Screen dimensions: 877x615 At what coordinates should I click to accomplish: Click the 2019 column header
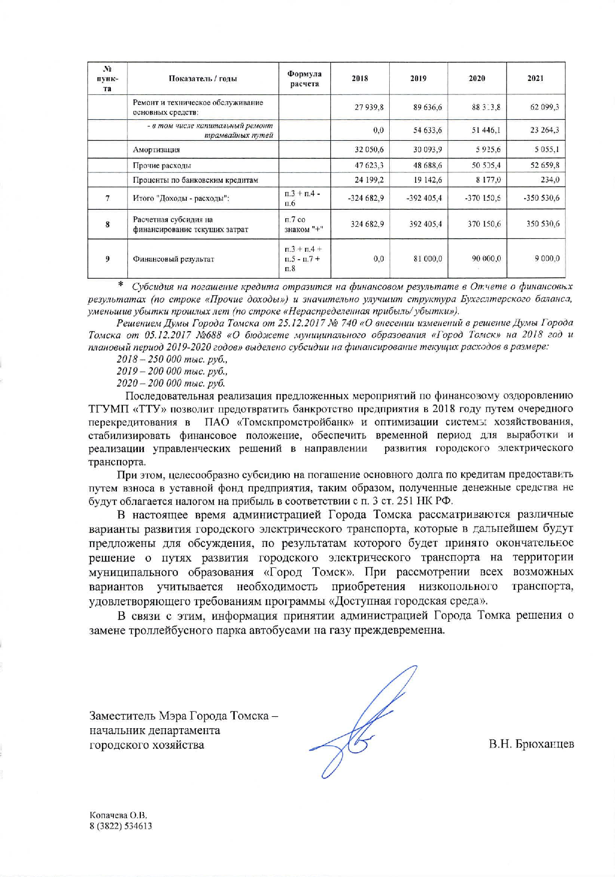click(418, 78)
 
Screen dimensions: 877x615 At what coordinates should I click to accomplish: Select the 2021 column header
click(535, 78)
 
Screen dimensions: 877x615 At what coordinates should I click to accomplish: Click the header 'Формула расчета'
click(304, 79)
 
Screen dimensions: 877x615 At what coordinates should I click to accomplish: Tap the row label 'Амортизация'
click(156, 150)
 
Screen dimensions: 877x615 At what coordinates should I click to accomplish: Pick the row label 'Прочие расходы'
click(162, 165)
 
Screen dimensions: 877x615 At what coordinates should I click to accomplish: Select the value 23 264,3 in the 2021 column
click(544, 130)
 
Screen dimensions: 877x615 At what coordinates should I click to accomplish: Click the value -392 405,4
click(424, 198)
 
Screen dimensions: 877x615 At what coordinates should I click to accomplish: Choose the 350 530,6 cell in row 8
click(543, 224)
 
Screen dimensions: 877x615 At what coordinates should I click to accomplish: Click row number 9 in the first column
click(107, 259)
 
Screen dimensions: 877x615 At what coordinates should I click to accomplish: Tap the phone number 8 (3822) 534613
click(120, 826)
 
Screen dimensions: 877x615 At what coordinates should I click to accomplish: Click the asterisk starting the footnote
click(120, 285)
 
